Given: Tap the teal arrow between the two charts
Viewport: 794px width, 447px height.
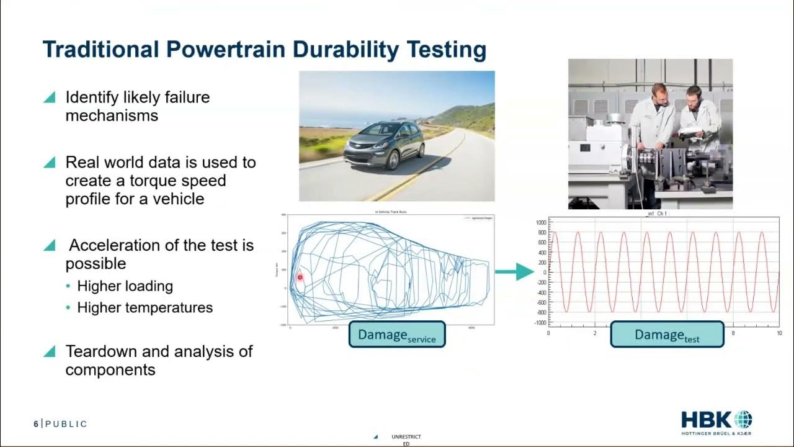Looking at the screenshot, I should coord(515,271).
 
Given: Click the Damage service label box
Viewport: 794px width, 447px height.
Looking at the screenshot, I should coord(397,334).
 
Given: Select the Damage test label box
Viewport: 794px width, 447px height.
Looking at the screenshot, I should coord(667,334).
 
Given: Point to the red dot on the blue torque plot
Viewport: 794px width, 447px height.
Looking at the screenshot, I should coord(300,278).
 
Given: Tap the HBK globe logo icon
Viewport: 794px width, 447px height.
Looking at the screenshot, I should coord(742,419).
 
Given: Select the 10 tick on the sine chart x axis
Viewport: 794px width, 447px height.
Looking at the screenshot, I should coord(778,333).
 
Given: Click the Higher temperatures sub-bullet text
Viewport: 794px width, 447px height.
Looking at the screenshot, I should coord(145,307).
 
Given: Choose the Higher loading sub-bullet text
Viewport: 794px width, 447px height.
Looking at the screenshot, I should coord(125,286).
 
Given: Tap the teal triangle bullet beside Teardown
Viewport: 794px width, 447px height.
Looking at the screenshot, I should coord(50,351).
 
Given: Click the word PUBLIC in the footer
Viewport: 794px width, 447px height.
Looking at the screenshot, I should coord(66,424).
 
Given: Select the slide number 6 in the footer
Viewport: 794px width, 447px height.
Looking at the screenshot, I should coord(36,424).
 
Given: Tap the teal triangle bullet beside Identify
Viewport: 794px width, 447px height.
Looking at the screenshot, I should coord(50,97).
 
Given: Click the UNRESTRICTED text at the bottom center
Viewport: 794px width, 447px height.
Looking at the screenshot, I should coord(406,440).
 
